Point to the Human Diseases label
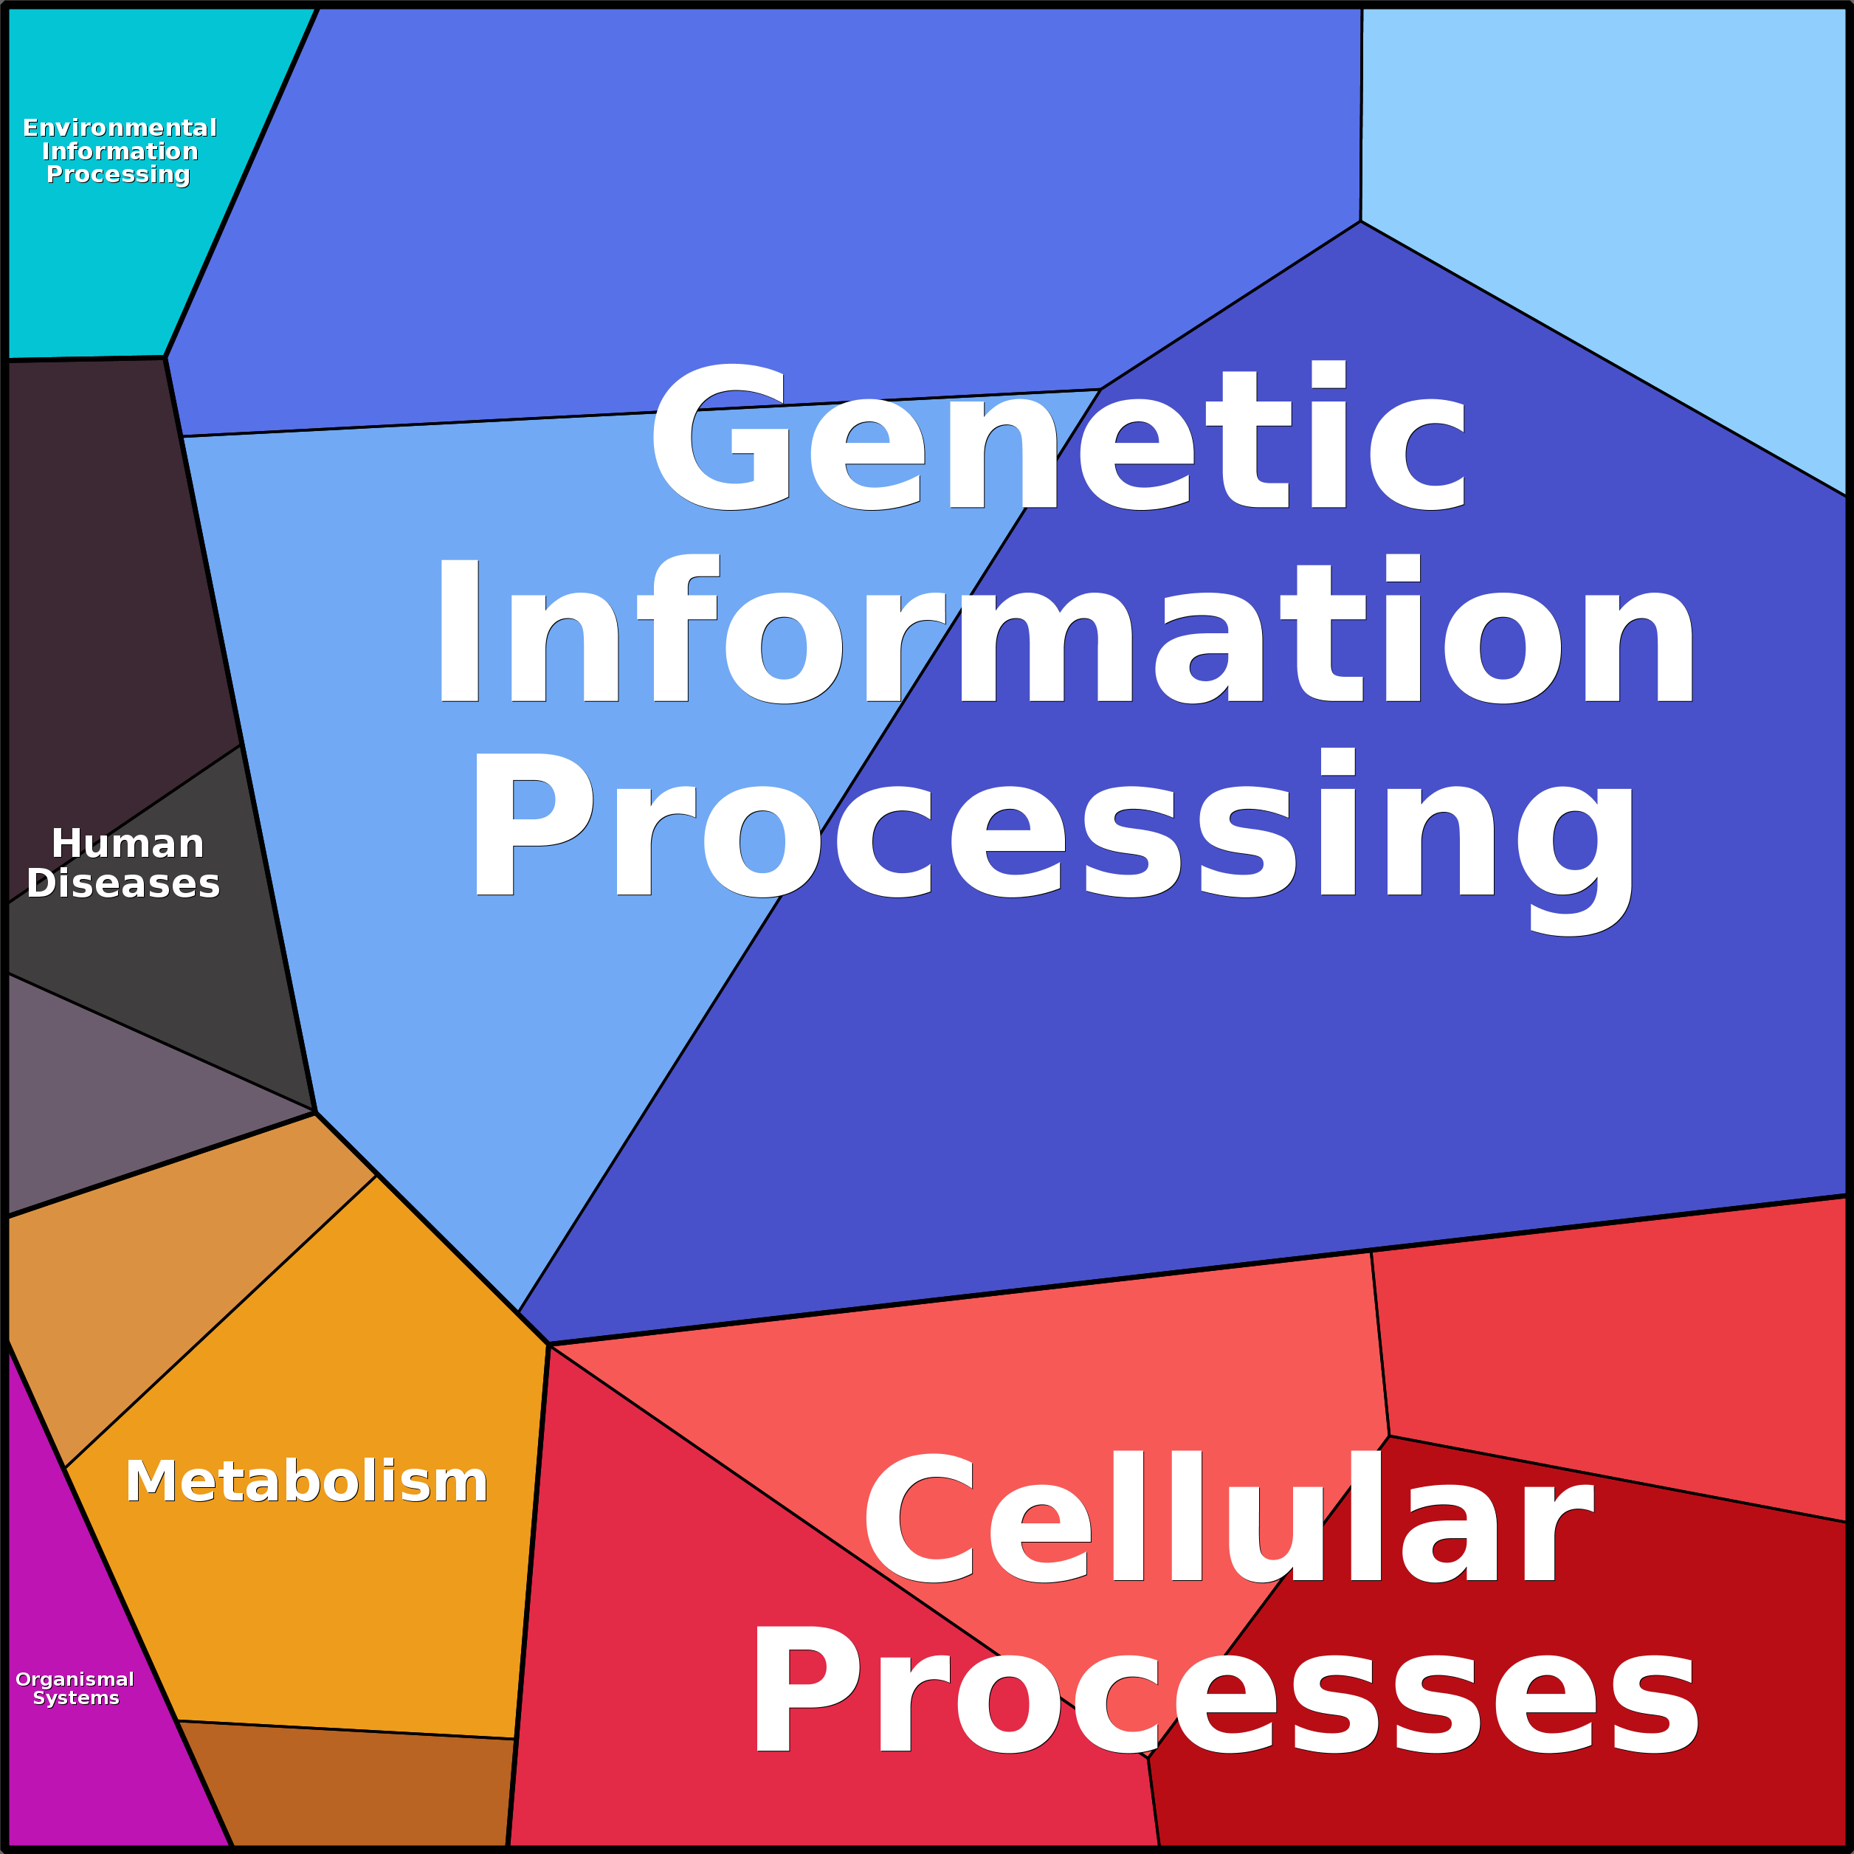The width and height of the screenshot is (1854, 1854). [124, 864]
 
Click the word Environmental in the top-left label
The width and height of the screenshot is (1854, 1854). [120, 128]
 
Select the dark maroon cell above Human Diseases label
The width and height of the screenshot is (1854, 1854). [106, 576]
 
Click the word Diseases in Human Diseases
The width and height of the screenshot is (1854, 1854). [124, 883]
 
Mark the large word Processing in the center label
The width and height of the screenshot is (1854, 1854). [1051, 831]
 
